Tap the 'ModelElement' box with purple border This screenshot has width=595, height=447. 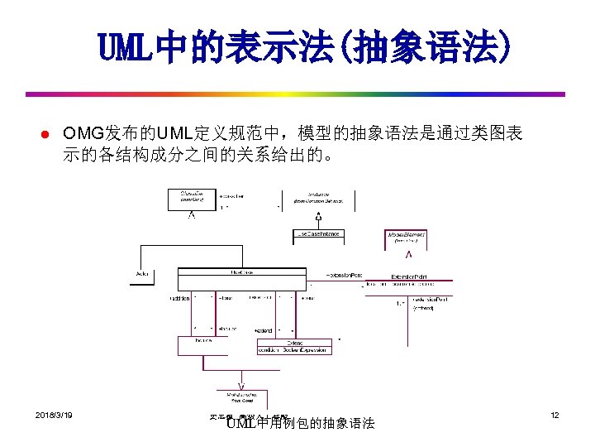(x=407, y=238)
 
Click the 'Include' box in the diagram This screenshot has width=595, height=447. (x=203, y=340)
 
